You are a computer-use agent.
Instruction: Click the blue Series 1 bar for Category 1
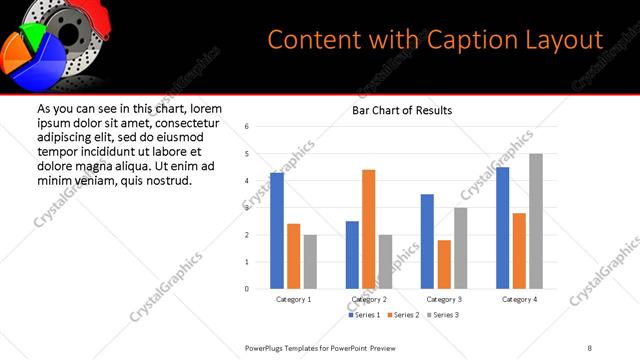point(277,231)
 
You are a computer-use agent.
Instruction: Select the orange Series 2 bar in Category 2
point(368,229)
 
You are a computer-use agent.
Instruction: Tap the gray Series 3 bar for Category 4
point(536,221)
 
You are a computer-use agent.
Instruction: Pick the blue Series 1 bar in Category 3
point(427,241)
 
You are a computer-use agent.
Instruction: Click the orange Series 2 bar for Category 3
point(444,264)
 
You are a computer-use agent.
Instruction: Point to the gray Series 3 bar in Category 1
point(310,262)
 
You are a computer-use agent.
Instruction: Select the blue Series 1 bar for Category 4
point(503,228)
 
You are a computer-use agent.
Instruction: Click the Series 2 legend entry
point(403,315)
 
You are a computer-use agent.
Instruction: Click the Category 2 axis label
point(368,299)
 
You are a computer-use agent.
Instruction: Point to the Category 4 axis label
point(519,299)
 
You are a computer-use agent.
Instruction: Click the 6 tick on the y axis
point(247,126)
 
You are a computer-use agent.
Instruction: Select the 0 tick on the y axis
point(247,289)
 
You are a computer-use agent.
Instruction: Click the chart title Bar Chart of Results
point(402,110)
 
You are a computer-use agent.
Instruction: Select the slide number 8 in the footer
point(590,347)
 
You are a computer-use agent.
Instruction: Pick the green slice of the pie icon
point(37,38)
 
